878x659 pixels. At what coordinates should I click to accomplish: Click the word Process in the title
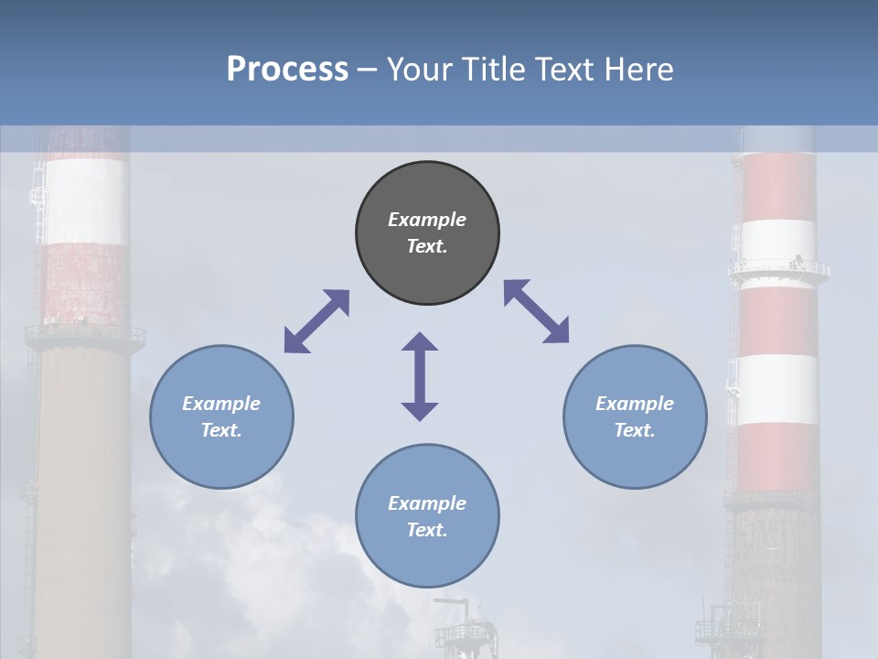[287, 70]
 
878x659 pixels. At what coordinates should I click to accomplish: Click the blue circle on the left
[221, 458]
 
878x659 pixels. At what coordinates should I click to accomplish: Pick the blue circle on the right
[635, 458]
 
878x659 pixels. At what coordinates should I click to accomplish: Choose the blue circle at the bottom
[427, 558]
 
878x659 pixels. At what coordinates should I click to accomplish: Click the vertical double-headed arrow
[420, 376]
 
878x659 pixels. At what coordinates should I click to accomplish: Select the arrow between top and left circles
[316, 321]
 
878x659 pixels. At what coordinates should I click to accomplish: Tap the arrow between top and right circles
[537, 311]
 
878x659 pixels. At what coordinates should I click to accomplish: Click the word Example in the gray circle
[427, 220]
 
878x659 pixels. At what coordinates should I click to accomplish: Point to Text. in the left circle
[221, 430]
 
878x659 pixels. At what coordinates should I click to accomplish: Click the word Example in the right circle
[635, 404]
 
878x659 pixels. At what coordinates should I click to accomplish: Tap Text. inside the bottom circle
[427, 530]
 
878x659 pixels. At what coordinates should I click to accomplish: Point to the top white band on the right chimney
[778, 240]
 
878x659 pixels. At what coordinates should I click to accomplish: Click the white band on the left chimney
[85, 201]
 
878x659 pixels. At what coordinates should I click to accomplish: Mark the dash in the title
[367, 70]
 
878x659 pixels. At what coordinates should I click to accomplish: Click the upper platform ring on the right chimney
[778, 270]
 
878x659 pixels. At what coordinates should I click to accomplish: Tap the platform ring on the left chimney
[84, 335]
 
